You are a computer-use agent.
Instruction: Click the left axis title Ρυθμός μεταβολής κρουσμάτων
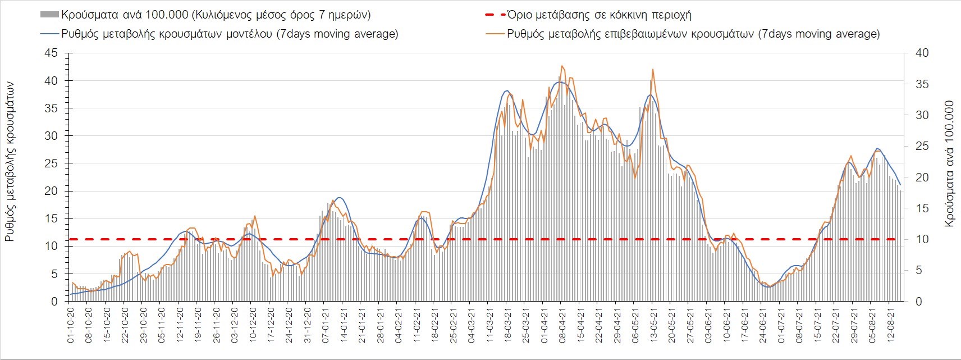click(x=10, y=161)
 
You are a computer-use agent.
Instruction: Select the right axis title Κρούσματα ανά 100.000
click(x=949, y=163)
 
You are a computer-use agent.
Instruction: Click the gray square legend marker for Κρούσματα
click(x=49, y=15)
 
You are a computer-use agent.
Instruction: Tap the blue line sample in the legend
click(x=49, y=34)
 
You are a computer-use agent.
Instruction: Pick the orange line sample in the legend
click(x=495, y=34)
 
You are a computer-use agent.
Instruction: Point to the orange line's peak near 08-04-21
click(x=562, y=66)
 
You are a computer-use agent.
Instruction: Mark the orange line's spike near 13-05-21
click(x=653, y=69)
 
